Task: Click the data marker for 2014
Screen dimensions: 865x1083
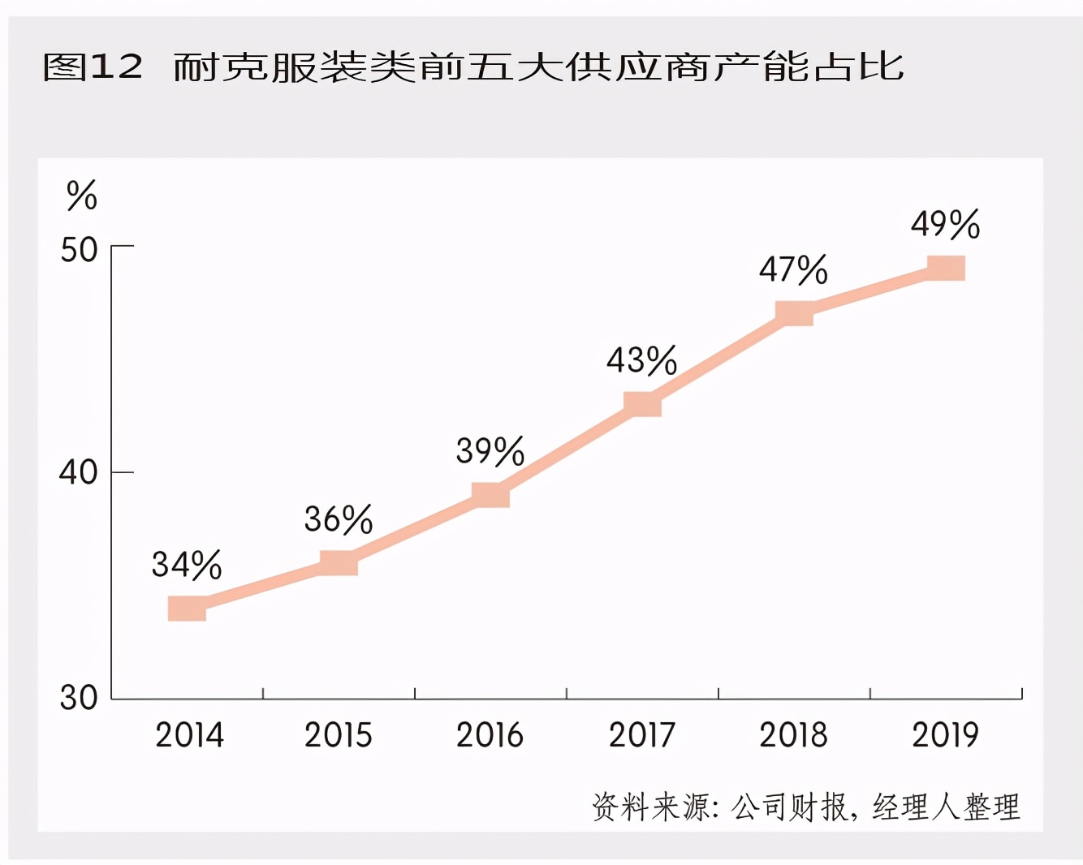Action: pyautogui.click(x=187, y=608)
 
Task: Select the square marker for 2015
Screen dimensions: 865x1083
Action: pyautogui.click(x=339, y=562)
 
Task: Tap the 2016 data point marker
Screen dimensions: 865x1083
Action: pyautogui.click(x=490, y=494)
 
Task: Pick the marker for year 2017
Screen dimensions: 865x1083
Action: pyautogui.click(x=642, y=403)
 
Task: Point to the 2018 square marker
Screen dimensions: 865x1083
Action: pyautogui.click(x=794, y=312)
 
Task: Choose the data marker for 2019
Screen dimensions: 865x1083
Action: pyautogui.click(x=946, y=268)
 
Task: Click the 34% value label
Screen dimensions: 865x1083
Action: pyautogui.click(x=187, y=565)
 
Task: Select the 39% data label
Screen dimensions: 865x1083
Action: pyautogui.click(x=490, y=451)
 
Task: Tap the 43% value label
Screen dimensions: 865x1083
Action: pyautogui.click(x=642, y=360)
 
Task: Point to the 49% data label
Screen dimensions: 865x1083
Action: pyautogui.click(x=946, y=224)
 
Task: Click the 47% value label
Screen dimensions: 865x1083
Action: pyautogui.click(x=794, y=269)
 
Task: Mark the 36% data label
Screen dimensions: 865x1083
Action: pyautogui.click(x=339, y=519)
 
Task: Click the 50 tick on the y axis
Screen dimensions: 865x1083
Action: pyautogui.click(x=79, y=250)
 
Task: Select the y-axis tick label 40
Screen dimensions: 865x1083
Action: pyautogui.click(x=79, y=471)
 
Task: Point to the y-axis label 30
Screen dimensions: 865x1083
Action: pyautogui.click(x=79, y=698)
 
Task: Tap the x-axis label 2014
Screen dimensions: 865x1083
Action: pyautogui.click(x=189, y=735)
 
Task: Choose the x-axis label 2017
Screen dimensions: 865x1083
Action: pyautogui.click(x=642, y=735)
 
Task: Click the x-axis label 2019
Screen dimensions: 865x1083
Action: pyautogui.click(x=946, y=735)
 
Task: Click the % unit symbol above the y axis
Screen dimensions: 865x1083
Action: pyautogui.click(x=81, y=196)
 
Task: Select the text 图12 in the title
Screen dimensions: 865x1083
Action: pyautogui.click(x=93, y=67)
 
